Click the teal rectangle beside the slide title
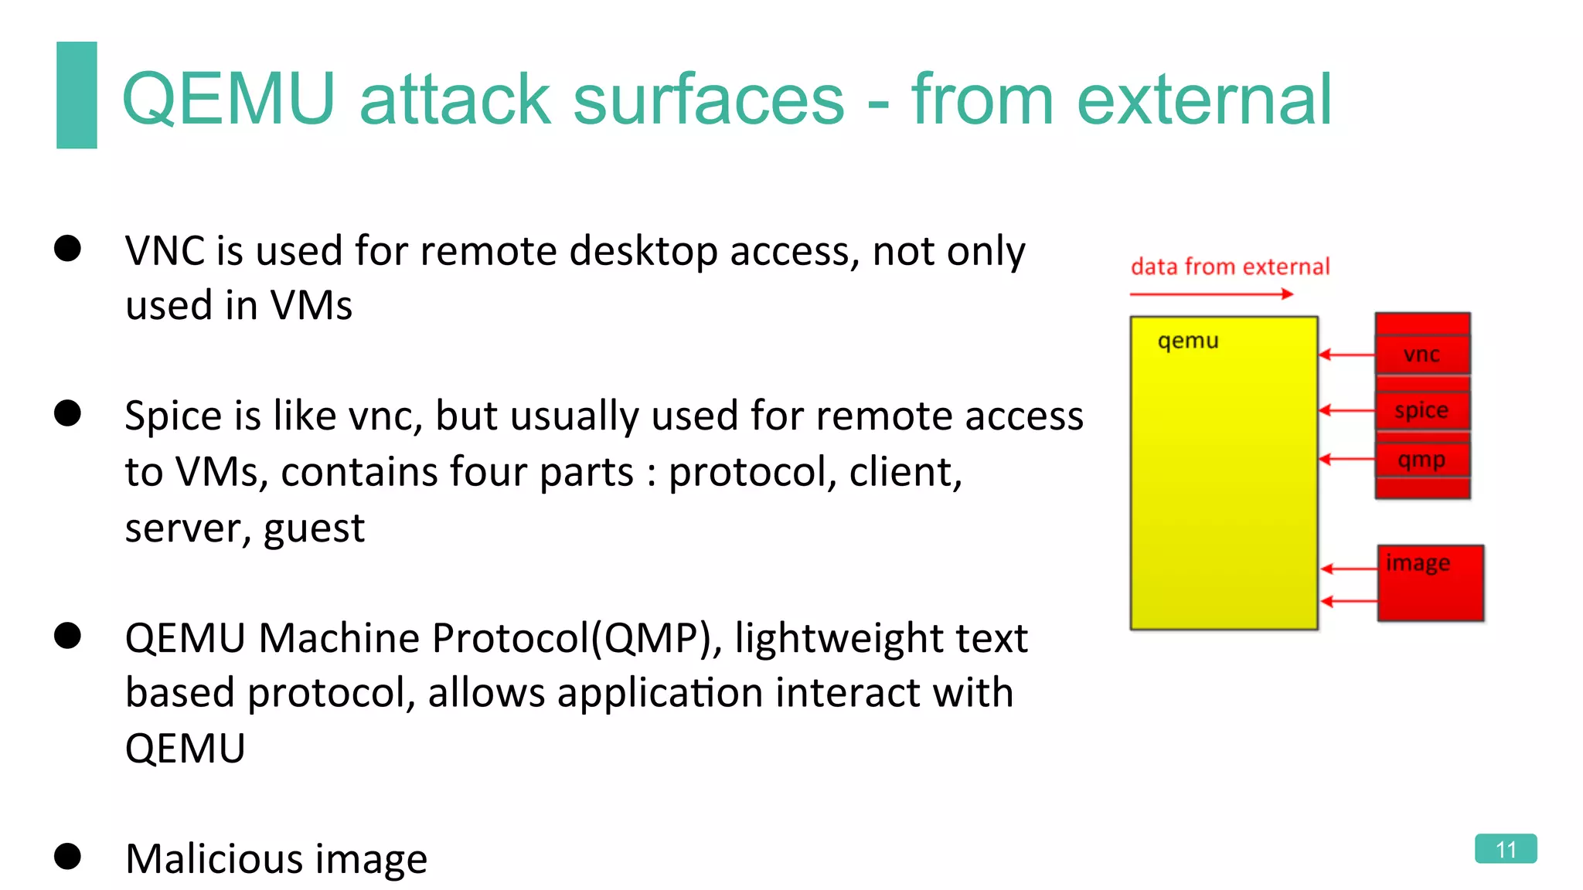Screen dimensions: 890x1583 click(77, 94)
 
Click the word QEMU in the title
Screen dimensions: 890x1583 click(229, 99)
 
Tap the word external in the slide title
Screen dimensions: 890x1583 click(1204, 99)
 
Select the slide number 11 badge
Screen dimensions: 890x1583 click(1505, 849)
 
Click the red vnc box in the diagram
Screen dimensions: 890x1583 click(1422, 355)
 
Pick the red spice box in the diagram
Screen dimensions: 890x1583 click(1422, 410)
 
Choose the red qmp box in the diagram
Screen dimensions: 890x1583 click(1422, 460)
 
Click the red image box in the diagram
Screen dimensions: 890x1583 click(1431, 583)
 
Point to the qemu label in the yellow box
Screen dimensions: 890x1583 click(1188, 341)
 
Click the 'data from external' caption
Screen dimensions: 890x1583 click(1230, 267)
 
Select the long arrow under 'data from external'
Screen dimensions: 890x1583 click(1210, 294)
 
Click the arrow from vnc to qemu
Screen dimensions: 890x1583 click(1346, 355)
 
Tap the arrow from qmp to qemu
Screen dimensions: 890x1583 click(1346, 460)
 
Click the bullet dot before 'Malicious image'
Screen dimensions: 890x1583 click(68, 856)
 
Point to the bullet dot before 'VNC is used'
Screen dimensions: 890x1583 click(68, 249)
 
